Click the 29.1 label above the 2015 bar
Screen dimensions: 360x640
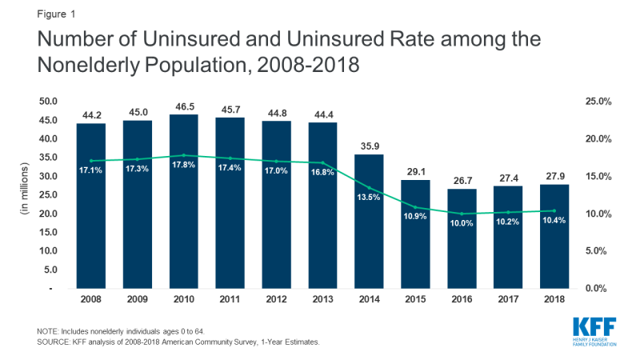coord(415,172)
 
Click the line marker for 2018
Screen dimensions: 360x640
coord(554,210)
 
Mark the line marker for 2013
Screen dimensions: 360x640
coord(323,162)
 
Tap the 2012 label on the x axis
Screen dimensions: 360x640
coord(276,300)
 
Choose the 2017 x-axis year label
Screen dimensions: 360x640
coord(508,300)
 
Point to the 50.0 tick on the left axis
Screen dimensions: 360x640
coord(50,102)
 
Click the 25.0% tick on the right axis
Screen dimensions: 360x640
coord(598,102)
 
